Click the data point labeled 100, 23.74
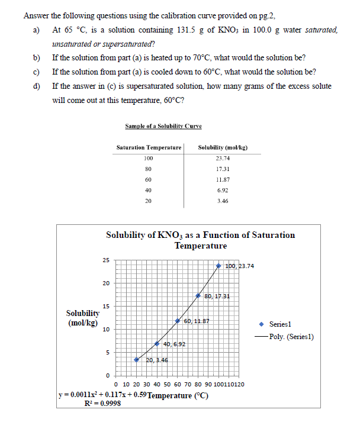pos(219,266)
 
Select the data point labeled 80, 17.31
pos(198,295)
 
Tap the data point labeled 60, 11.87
pos(178,321)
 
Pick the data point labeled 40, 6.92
pos(157,344)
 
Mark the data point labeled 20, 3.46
pos(136,360)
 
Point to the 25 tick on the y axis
pos(107,260)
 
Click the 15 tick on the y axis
pos(107,306)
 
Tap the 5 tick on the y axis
pos(107,353)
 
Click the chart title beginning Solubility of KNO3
pos(200,240)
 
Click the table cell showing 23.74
pos(223,159)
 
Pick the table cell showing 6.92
pos(223,191)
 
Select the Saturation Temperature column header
pos(149,147)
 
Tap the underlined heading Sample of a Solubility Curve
pos(163,126)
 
